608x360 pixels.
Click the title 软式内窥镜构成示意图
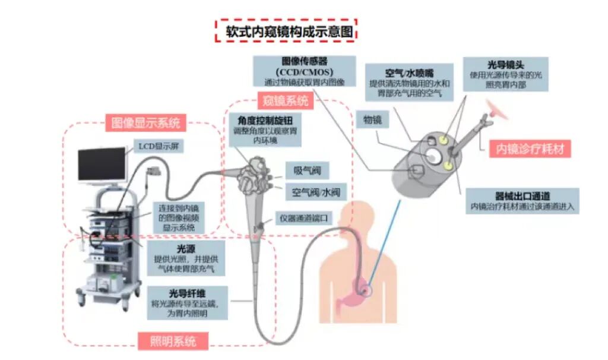pos(286,31)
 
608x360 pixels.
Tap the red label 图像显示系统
pos(145,123)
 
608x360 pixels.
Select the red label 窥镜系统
pos(283,101)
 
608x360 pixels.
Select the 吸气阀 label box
pos(307,171)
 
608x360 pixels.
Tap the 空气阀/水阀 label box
pos(315,192)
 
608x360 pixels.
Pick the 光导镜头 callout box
pos(505,74)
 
